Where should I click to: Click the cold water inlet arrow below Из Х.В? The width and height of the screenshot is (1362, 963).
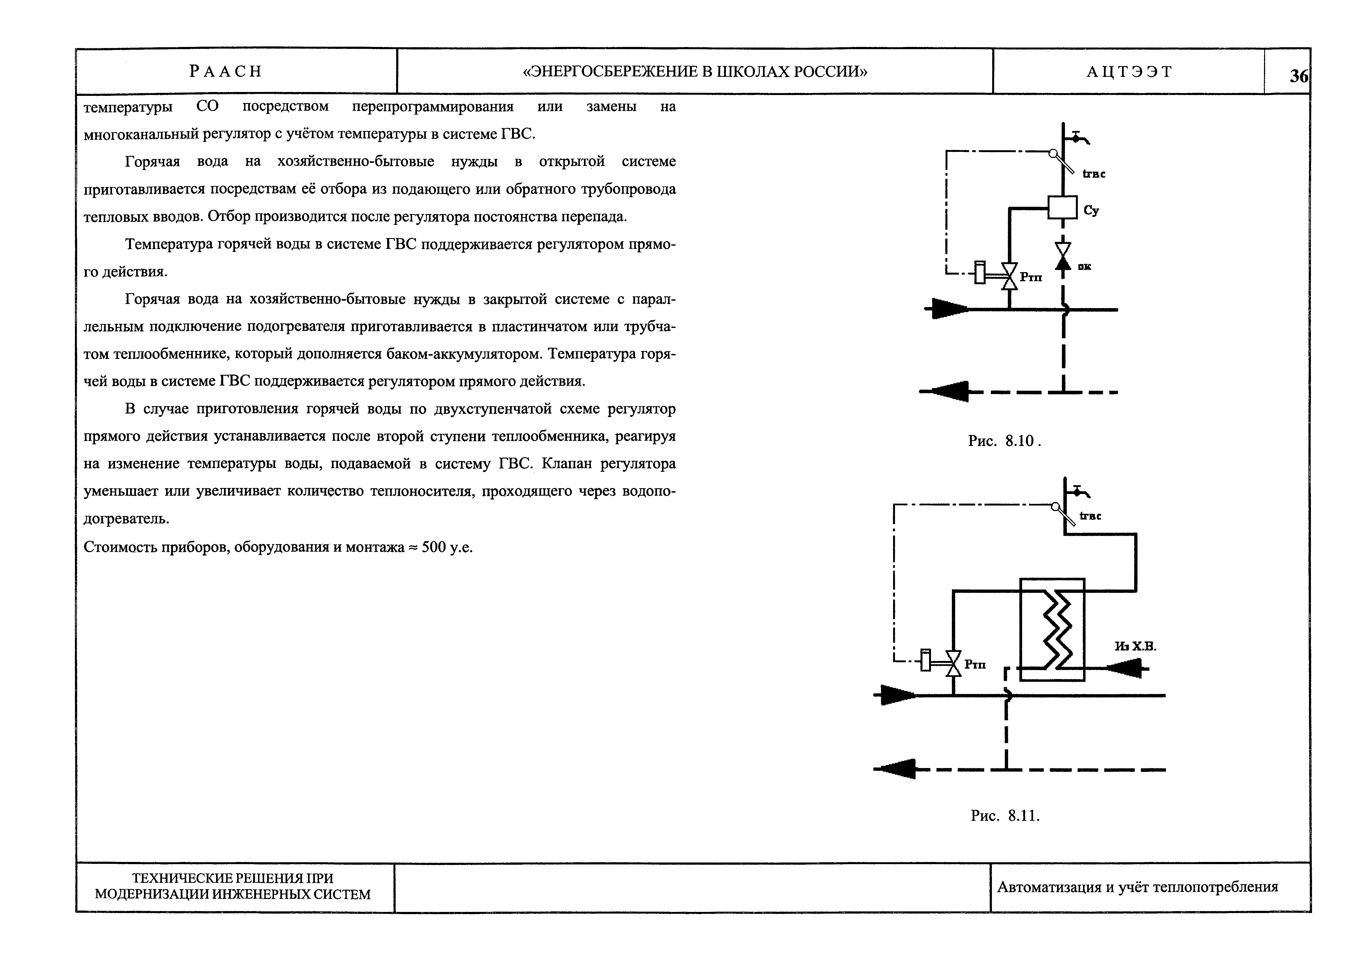[x=1125, y=669]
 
